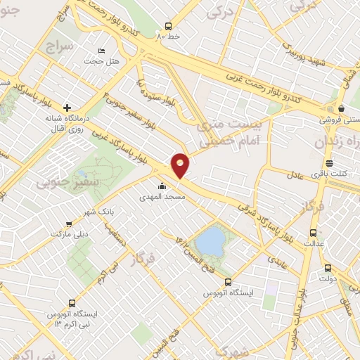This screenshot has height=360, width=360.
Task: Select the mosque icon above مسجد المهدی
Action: (x=163, y=186)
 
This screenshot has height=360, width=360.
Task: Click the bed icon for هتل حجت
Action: (x=102, y=51)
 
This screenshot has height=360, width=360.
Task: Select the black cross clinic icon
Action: (x=67, y=108)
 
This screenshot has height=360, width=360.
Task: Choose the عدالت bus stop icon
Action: (x=314, y=233)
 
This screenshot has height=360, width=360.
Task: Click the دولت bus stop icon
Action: (x=328, y=268)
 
